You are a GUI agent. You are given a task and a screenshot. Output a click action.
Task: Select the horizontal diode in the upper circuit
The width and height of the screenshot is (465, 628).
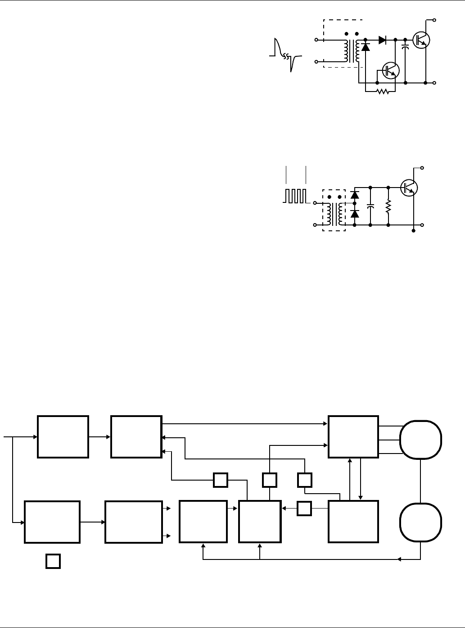[383, 40]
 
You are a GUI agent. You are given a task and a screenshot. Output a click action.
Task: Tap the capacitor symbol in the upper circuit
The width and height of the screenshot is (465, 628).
[405, 46]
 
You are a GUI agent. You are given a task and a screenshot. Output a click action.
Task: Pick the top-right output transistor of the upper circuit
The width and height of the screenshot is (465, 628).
[421, 40]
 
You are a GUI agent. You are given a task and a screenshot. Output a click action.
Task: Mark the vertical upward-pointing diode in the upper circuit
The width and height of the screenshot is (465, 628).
[366, 46]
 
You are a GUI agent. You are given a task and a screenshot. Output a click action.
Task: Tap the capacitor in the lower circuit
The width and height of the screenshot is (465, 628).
[370, 206]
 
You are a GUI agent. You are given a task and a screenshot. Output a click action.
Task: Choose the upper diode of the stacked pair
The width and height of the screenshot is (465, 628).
[355, 195]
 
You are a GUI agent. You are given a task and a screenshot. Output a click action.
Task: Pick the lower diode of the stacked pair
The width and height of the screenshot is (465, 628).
[355, 214]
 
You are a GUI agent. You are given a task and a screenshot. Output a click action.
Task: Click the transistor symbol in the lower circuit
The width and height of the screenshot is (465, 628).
[409, 187]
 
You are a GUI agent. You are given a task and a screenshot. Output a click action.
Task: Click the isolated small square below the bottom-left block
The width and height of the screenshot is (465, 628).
[53, 561]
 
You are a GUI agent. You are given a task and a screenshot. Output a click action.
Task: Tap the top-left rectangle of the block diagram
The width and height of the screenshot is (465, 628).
[63, 437]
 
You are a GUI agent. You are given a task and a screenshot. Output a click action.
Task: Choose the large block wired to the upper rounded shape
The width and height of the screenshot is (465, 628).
[353, 437]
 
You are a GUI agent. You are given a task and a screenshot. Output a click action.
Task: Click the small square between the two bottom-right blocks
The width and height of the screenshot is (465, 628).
[305, 509]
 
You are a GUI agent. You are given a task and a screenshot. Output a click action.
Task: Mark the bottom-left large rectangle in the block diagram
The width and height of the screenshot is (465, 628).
[52, 521]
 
